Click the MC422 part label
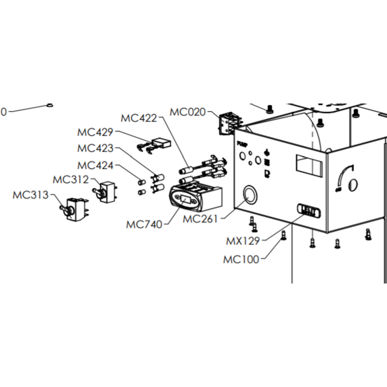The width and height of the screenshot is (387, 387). (x=138, y=118)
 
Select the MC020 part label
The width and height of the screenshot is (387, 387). (x=187, y=112)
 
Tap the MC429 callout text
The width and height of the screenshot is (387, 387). (x=95, y=132)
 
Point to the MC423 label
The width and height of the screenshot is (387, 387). (x=95, y=148)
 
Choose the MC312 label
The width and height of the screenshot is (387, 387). (x=71, y=180)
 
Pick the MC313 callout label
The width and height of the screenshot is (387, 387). (x=30, y=195)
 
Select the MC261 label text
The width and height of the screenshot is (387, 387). (x=200, y=219)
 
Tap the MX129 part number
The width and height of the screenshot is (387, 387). (x=244, y=240)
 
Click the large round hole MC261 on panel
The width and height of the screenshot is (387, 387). (x=249, y=195)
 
